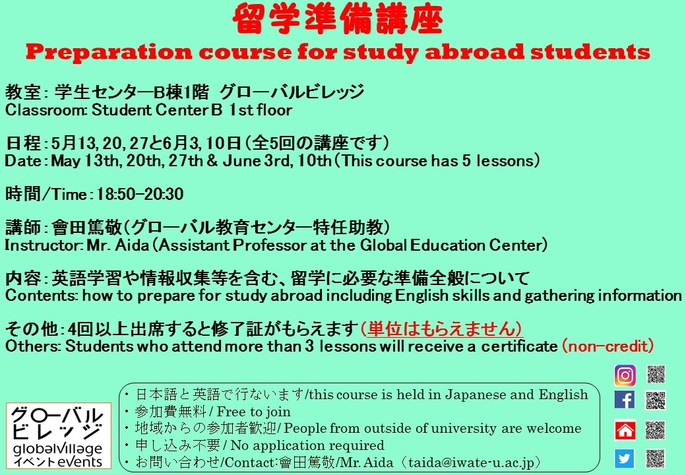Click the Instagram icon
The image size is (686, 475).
[625, 375]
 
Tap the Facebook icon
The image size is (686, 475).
[625, 400]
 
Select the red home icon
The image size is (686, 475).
[625, 430]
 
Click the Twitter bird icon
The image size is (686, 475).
[625, 458]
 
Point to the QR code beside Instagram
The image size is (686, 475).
[656, 375]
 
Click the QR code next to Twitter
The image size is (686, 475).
[656, 458]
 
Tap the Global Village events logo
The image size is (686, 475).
[55, 436]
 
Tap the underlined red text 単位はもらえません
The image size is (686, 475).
[442, 329]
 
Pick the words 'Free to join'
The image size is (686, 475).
[253, 412]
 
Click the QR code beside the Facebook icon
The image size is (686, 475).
[656, 400]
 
